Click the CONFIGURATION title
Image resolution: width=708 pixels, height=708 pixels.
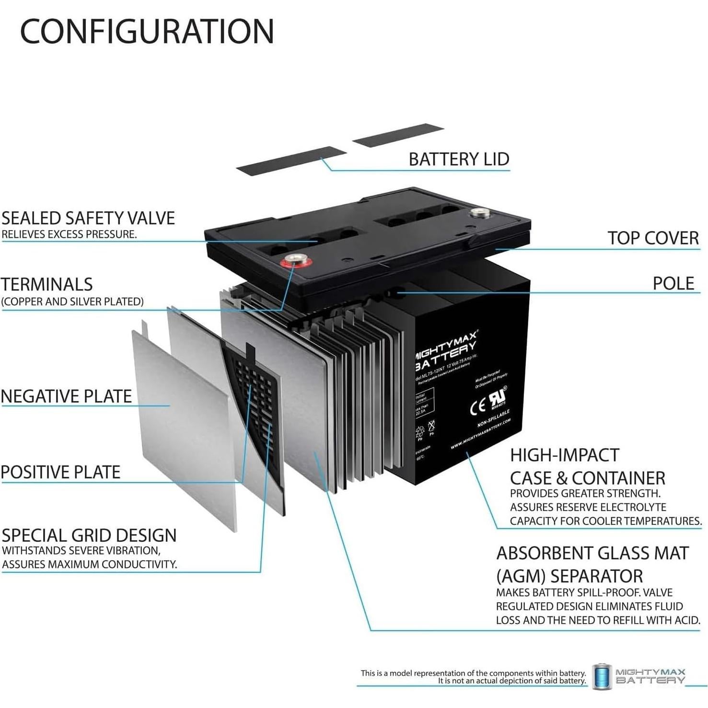(147, 32)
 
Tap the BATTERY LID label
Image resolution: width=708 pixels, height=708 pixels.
(459, 159)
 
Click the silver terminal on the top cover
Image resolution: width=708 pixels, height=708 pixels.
(478, 213)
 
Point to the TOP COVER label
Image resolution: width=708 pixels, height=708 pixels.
(653, 238)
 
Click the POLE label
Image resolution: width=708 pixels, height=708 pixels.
(673, 283)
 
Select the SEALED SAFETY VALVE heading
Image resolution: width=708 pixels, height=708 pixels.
(88, 218)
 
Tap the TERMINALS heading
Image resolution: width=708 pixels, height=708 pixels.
(46, 284)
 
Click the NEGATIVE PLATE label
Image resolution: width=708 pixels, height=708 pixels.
(66, 396)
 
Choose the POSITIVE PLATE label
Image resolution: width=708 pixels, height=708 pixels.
(60, 472)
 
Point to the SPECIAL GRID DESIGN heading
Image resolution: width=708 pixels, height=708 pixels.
(89, 535)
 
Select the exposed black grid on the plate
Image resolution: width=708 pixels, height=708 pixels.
(254, 393)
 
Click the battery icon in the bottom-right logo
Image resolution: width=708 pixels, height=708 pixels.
(602, 677)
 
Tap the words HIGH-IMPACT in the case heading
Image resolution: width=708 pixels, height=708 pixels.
(564, 455)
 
